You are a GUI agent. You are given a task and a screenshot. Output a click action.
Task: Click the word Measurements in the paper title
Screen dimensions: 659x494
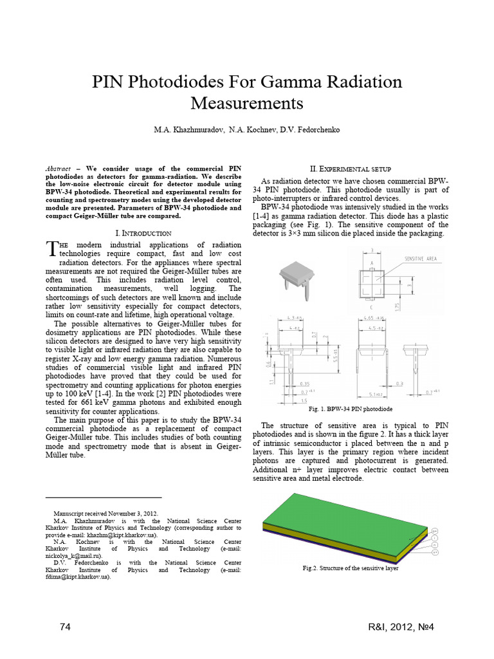[x=246, y=103]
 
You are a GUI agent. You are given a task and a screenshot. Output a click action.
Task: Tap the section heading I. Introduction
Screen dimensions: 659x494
[x=143, y=232]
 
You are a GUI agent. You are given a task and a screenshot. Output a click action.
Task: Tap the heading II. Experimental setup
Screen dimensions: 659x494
[x=356, y=168]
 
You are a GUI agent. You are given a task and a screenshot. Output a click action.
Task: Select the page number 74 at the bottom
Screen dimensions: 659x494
[x=64, y=627]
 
